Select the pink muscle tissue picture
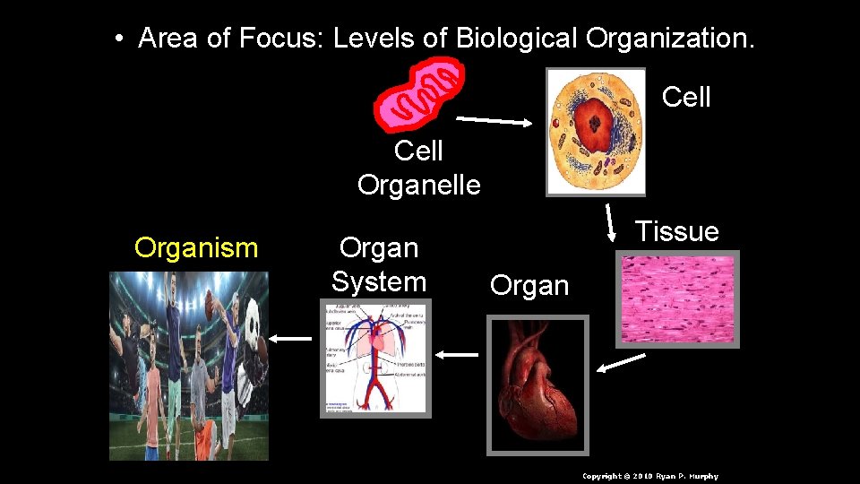coord(677,299)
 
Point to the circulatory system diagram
coord(375,358)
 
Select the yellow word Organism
coord(196,247)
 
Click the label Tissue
coord(676,231)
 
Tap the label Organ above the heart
coord(529,286)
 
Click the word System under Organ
coord(378,281)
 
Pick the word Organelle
coord(418,185)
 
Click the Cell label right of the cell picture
coord(686,97)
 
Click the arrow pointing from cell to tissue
coord(611,222)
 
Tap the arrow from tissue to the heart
coord(622,362)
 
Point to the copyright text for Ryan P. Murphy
coord(649,476)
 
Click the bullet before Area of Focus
coord(119,39)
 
